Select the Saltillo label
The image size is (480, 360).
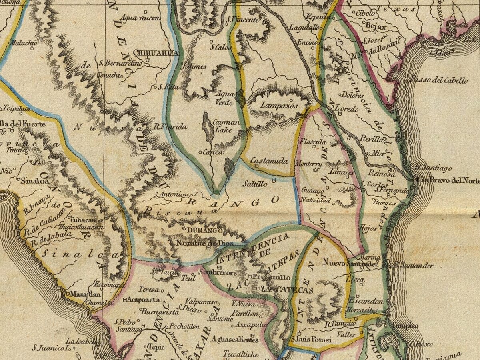tap(255, 184)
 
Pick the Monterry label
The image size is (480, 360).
tap(308, 164)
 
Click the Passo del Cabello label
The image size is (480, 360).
tap(438, 80)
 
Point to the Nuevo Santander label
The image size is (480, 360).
tap(350, 264)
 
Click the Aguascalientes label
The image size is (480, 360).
tap(235, 340)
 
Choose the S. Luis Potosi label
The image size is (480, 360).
tap(312, 340)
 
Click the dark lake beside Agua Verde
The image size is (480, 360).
tap(240, 98)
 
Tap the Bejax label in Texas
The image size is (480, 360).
tap(376, 27)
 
